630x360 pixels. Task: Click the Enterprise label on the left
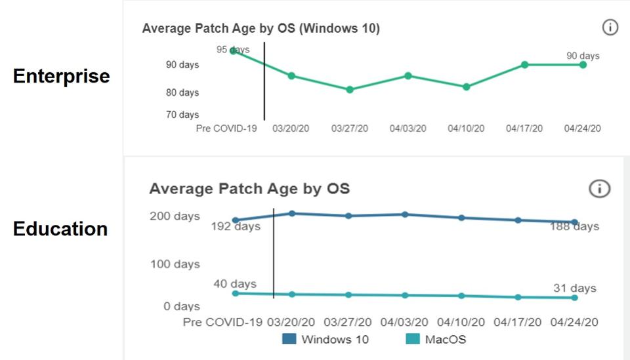pyautogui.click(x=61, y=76)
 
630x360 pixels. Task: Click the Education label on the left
pyautogui.click(x=60, y=229)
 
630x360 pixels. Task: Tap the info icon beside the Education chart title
pyautogui.click(x=599, y=189)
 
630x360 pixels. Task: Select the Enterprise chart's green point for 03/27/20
pyautogui.click(x=350, y=89)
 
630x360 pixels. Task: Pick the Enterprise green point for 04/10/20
pyautogui.click(x=467, y=87)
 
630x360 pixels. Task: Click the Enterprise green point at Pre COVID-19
pyautogui.click(x=233, y=50)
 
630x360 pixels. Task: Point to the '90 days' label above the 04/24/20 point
pyautogui.click(x=583, y=56)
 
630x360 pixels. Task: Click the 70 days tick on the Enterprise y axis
pyautogui.click(x=182, y=115)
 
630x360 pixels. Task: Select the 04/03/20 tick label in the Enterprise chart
pyautogui.click(x=408, y=129)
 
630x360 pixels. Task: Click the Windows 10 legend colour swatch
pyautogui.click(x=289, y=339)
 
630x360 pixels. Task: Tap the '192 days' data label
pyautogui.click(x=236, y=227)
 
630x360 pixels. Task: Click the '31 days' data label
pyautogui.click(x=574, y=288)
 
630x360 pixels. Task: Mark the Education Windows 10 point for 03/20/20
pyautogui.click(x=291, y=213)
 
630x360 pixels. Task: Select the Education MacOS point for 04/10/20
pyautogui.click(x=462, y=296)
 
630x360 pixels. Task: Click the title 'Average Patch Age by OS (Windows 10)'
pyautogui.click(x=261, y=28)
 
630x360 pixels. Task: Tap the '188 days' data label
pyautogui.click(x=574, y=226)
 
